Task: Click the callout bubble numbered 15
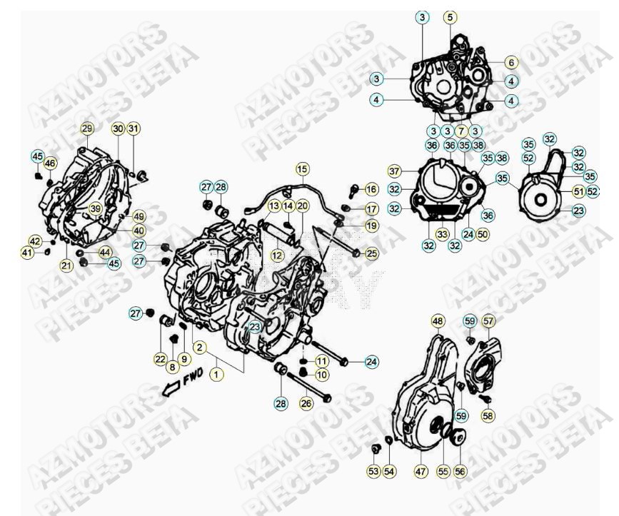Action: click(x=303, y=169)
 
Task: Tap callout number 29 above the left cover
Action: click(x=87, y=129)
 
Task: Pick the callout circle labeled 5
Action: click(x=449, y=17)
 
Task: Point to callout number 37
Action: click(x=415, y=171)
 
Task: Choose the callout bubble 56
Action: click(x=460, y=471)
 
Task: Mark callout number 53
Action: click(x=373, y=471)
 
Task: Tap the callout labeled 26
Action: click(x=306, y=403)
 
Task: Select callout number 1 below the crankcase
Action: click(x=216, y=373)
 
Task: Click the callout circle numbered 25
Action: click(x=372, y=253)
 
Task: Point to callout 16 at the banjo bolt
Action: click(x=371, y=189)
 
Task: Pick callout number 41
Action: click(x=27, y=253)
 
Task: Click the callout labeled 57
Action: click(x=488, y=321)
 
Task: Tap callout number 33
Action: click(x=443, y=233)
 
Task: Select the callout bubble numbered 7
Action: click(x=461, y=131)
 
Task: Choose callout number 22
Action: click(x=161, y=358)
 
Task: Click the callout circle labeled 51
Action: click(x=578, y=191)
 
